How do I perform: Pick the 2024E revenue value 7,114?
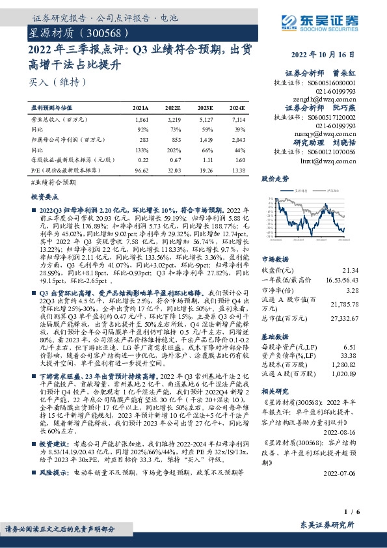tap(239, 121)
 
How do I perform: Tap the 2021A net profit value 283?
tap(144, 139)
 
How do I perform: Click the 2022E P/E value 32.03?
tap(173, 169)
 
